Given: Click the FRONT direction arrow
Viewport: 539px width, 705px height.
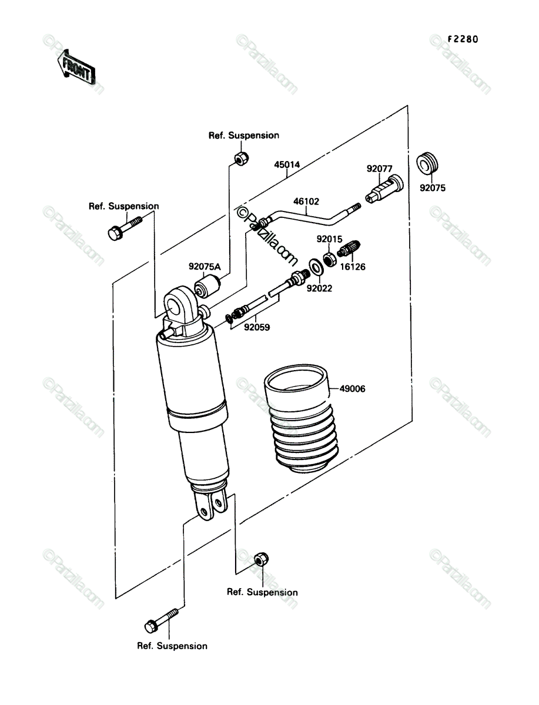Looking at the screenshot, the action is coord(76,68).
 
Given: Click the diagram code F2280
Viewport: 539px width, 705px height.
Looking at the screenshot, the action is coord(463,39).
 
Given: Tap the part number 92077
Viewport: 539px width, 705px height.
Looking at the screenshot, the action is coord(379,169).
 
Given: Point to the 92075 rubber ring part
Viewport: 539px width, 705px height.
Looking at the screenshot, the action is coord(427,163).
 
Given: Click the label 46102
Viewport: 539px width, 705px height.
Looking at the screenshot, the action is coord(306,202).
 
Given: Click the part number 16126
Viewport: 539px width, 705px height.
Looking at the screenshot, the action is coord(353,267).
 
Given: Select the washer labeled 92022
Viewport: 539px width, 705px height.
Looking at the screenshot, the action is coord(316,267).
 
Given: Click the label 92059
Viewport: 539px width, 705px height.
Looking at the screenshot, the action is coord(257,327).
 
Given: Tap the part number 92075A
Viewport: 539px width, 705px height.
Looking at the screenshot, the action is coord(205,267).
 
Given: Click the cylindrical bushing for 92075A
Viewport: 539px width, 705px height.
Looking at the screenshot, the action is coord(207,286).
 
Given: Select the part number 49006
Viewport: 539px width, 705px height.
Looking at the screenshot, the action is coord(352,389).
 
